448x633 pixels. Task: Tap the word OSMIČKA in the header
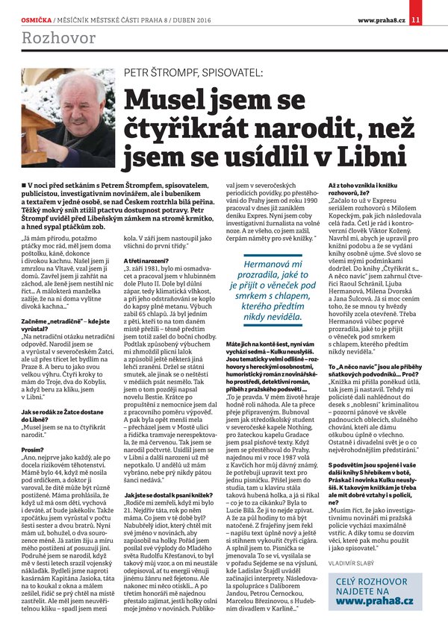coord(34,8)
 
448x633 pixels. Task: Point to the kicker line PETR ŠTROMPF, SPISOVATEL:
coord(193,72)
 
